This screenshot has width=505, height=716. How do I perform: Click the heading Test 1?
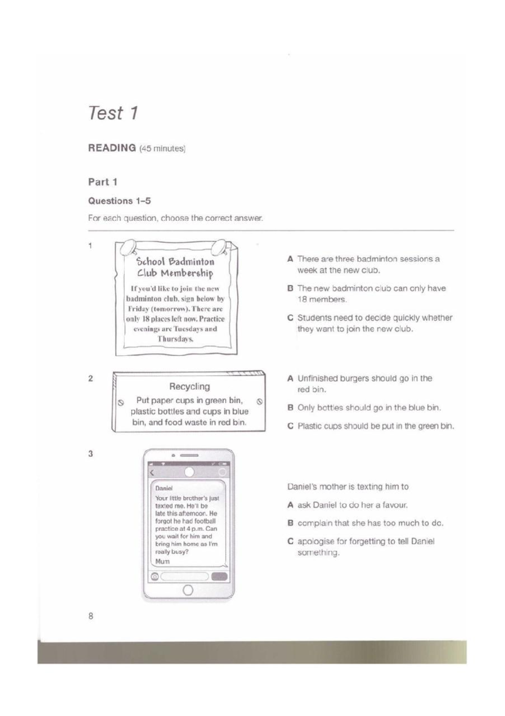(113, 113)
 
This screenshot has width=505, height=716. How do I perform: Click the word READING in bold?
(112, 148)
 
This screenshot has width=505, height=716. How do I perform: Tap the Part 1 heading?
(102, 182)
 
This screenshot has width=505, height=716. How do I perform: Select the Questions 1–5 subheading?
(119, 201)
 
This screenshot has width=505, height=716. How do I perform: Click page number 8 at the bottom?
(90, 616)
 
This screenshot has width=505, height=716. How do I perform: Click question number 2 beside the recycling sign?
(90, 378)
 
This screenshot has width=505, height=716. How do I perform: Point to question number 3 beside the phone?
(90, 454)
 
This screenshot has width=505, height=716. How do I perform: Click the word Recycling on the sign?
(189, 386)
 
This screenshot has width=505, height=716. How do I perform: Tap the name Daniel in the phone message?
(164, 488)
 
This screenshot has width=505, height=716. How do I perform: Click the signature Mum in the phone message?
(162, 561)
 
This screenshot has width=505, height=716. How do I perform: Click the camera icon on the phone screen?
(155, 577)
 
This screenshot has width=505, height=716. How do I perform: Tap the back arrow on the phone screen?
(152, 473)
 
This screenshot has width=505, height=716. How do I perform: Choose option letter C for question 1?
(290, 318)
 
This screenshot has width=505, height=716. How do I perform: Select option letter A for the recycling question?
(290, 378)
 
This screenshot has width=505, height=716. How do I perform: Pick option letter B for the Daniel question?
(290, 523)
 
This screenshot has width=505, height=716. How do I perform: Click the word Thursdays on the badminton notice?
(175, 339)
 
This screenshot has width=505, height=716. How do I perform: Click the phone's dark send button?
(219, 577)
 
